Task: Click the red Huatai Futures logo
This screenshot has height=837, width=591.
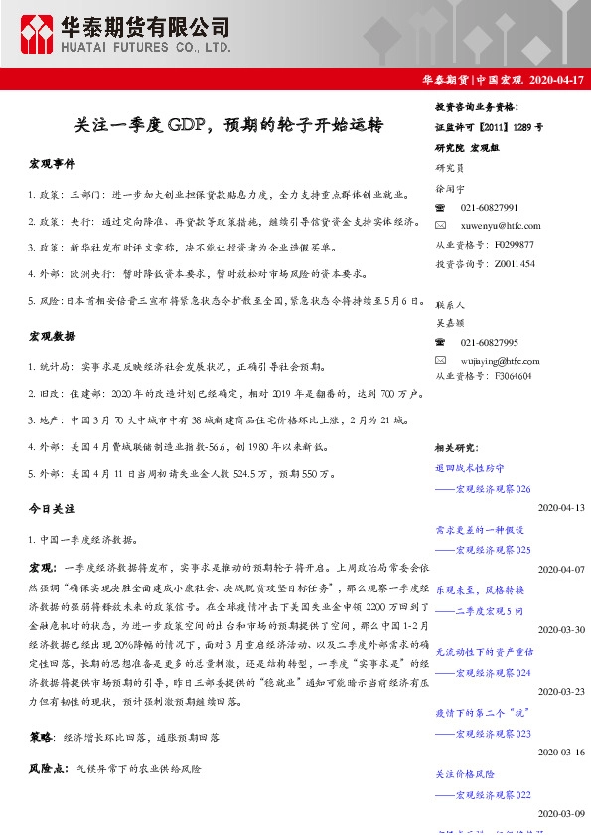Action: click(x=40, y=34)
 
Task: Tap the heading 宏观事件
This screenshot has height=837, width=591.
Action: click(x=52, y=162)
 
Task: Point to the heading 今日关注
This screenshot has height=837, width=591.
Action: click(x=52, y=508)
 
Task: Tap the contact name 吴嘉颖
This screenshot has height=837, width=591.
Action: click(x=450, y=322)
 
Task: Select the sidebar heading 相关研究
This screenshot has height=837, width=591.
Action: click(x=457, y=448)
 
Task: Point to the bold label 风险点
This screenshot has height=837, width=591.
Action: click(x=46, y=769)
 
